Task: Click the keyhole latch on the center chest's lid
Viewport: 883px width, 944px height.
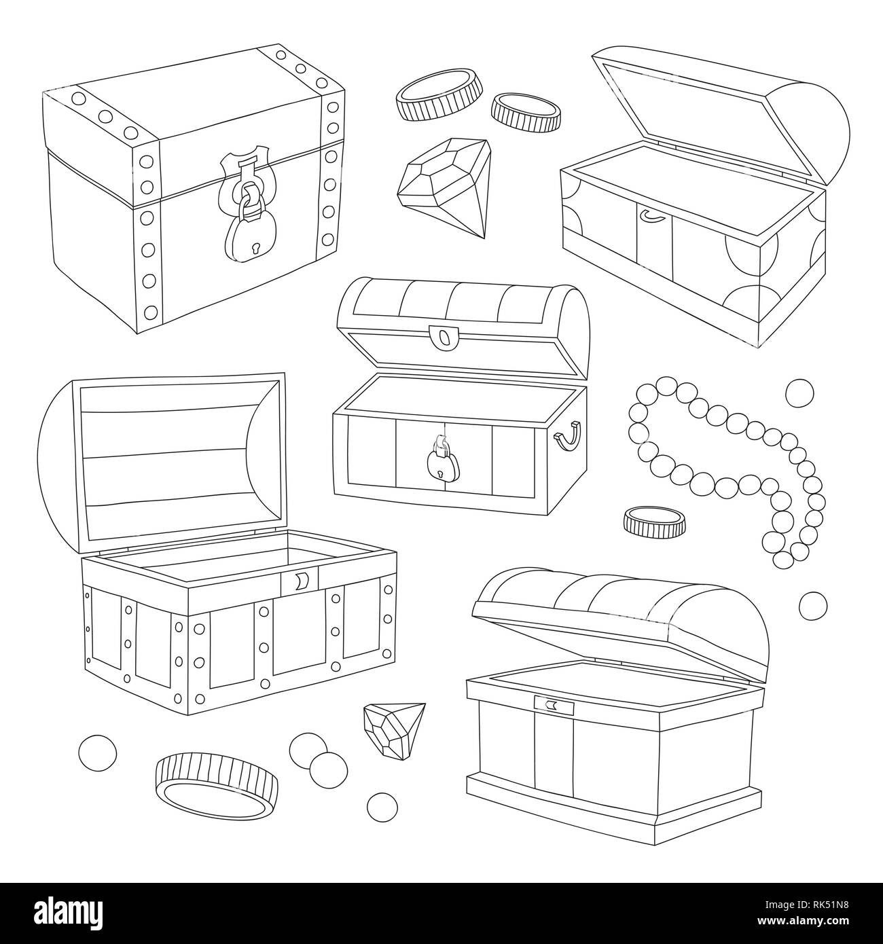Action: click(444, 336)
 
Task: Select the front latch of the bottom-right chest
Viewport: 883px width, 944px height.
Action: click(554, 688)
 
